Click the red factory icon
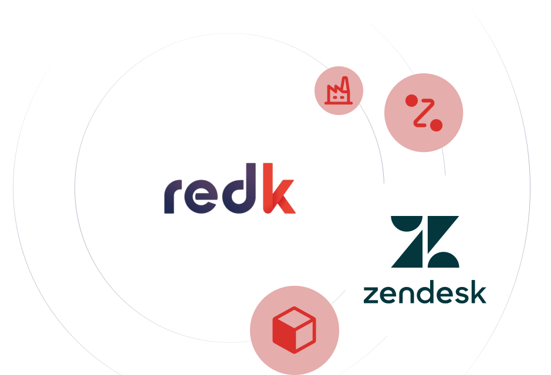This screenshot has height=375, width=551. coord(339,92)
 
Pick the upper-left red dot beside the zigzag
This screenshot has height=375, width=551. coord(411,100)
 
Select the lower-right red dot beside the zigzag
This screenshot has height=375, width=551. coord(436,125)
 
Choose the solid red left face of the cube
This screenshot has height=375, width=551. coord(284,333)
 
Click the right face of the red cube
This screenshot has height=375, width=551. coord(306,333)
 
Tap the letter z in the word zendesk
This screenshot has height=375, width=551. coord(370,293)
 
